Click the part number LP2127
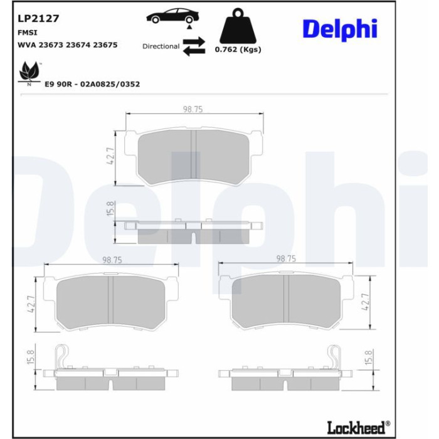[38, 18]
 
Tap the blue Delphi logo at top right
[340, 29]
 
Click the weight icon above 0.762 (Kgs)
[238, 26]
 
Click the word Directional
[161, 46]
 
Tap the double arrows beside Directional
[194, 46]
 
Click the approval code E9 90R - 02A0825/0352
[92, 84]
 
